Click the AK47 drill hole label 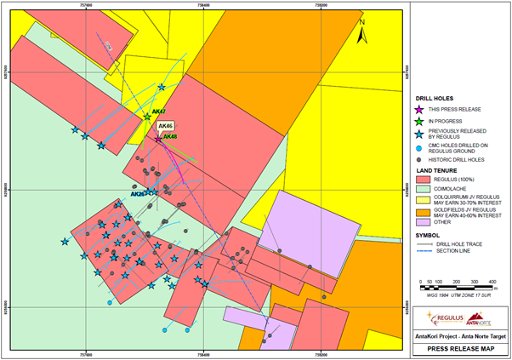158,111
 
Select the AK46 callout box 165,126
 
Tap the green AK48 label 170,136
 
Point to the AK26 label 137,194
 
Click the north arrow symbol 361,35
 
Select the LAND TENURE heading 433,169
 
